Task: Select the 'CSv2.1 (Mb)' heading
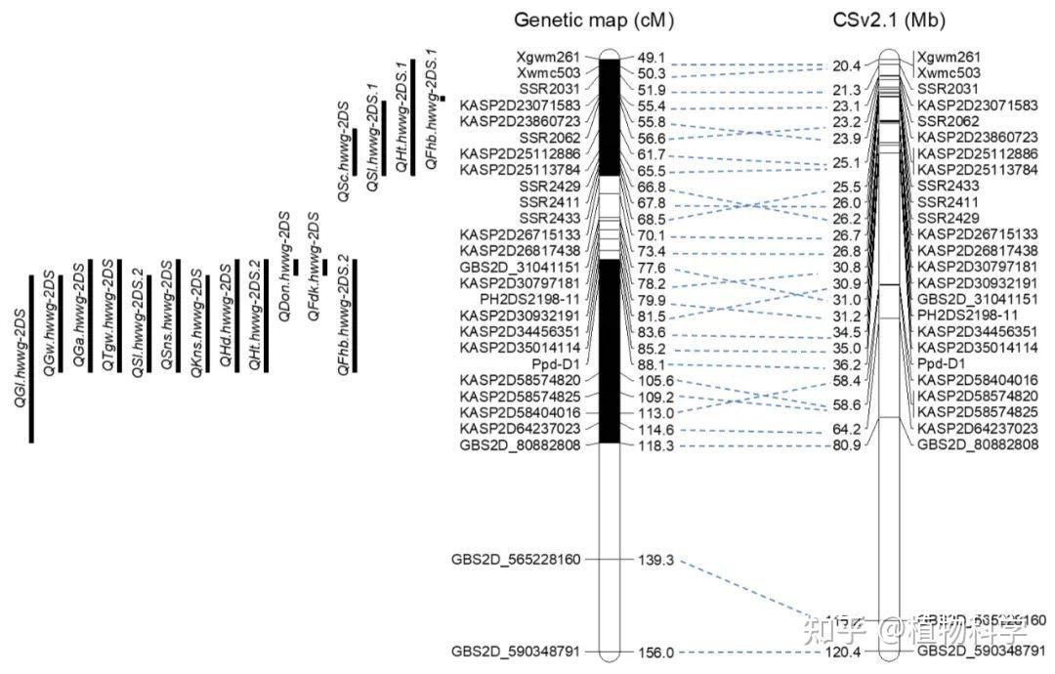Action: (889, 20)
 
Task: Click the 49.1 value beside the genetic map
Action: (651, 57)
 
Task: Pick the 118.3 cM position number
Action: (656, 445)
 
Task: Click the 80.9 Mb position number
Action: (846, 445)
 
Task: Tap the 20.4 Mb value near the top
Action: (846, 66)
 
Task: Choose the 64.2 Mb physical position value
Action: (846, 429)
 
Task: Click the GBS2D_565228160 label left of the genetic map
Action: (516, 560)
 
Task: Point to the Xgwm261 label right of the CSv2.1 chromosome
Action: (954, 58)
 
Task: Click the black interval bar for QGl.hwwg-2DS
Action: (31, 352)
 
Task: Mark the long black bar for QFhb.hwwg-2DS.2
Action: (355, 315)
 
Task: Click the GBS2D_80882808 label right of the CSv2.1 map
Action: (977, 445)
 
